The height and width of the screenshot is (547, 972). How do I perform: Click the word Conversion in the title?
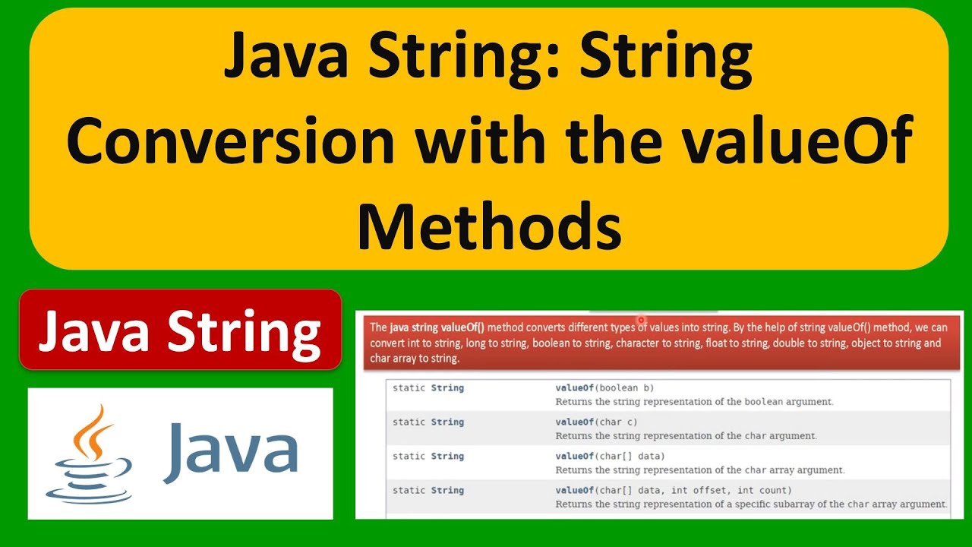[x=230, y=141]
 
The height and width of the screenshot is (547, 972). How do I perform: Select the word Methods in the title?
[x=489, y=226]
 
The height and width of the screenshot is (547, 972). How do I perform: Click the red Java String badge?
[x=180, y=330]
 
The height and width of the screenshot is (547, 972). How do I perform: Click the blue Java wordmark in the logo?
[x=230, y=453]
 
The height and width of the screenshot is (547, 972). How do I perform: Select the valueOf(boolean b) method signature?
[x=604, y=388]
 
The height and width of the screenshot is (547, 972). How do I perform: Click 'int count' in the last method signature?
[x=764, y=491]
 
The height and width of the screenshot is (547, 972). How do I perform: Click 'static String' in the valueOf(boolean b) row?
[x=428, y=388]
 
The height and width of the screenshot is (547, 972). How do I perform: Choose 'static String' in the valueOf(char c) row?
[x=428, y=422]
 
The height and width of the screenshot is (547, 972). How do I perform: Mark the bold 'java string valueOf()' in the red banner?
[x=437, y=328]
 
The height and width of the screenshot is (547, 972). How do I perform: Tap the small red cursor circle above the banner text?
[x=641, y=321]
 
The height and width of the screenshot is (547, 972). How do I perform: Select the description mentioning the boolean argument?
[x=694, y=402]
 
